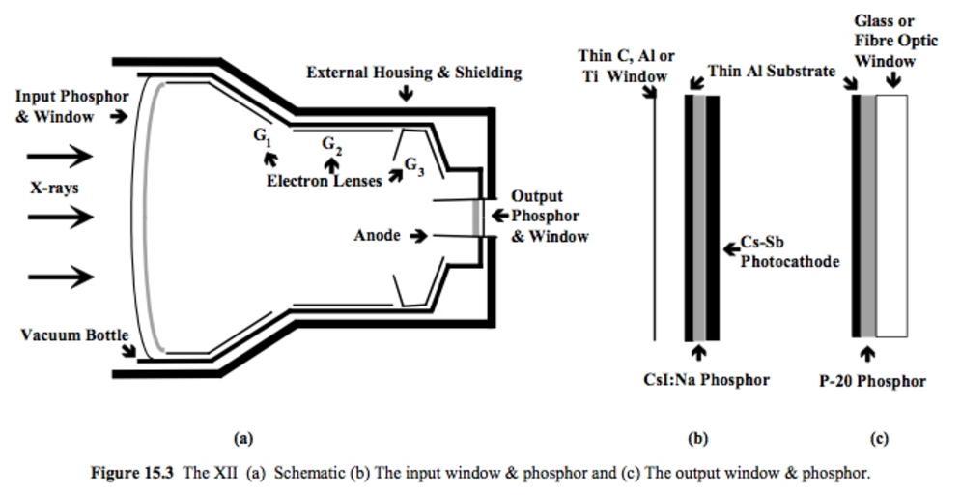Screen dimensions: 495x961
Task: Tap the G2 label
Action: (331, 145)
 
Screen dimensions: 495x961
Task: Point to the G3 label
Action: (413, 165)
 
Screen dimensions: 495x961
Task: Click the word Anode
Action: (377, 235)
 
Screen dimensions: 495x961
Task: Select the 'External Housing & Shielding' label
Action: (413, 73)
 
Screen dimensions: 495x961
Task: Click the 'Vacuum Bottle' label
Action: (74, 335)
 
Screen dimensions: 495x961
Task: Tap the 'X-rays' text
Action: (53, 188)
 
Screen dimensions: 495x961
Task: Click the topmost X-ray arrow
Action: (60, 156)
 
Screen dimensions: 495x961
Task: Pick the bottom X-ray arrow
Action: (60, 277)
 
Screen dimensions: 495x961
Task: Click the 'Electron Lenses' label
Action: (324, 181)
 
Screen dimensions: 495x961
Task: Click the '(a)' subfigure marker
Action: (243, 438)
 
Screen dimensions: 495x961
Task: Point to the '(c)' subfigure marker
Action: (879, 438)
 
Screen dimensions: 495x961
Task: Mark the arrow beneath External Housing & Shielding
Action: (406, 94)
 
